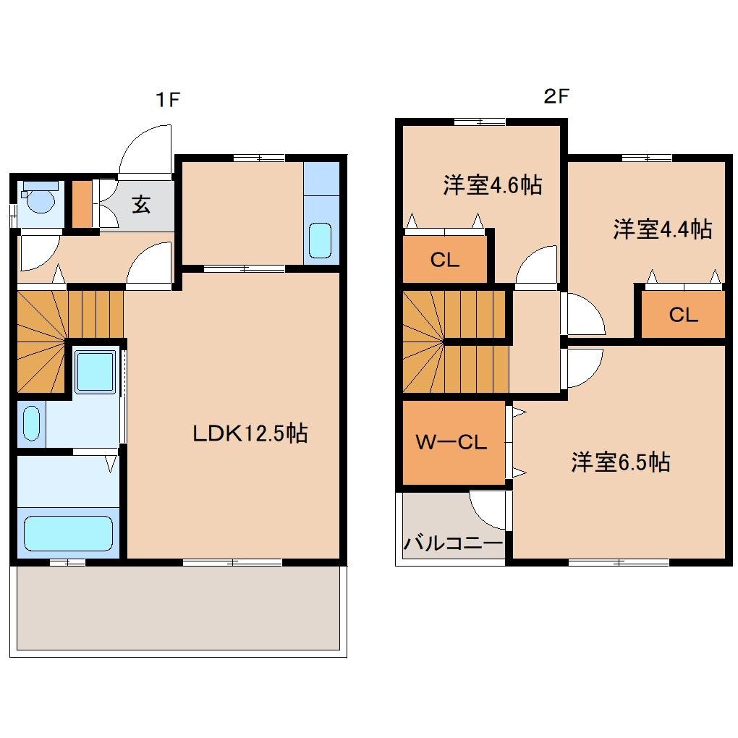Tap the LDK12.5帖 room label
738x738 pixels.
[250, 433]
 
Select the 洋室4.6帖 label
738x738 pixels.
[492, 186]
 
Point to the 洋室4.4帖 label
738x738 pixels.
[662, 229]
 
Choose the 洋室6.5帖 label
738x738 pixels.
[620, 462]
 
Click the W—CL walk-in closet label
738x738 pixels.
[451, 442]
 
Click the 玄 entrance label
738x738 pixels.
[141, 205]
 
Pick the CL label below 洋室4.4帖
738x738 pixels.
[682, 315]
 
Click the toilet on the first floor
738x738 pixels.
[39, 197]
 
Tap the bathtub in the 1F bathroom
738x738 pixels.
[69, 533]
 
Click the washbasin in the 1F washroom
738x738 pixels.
[31, 423]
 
